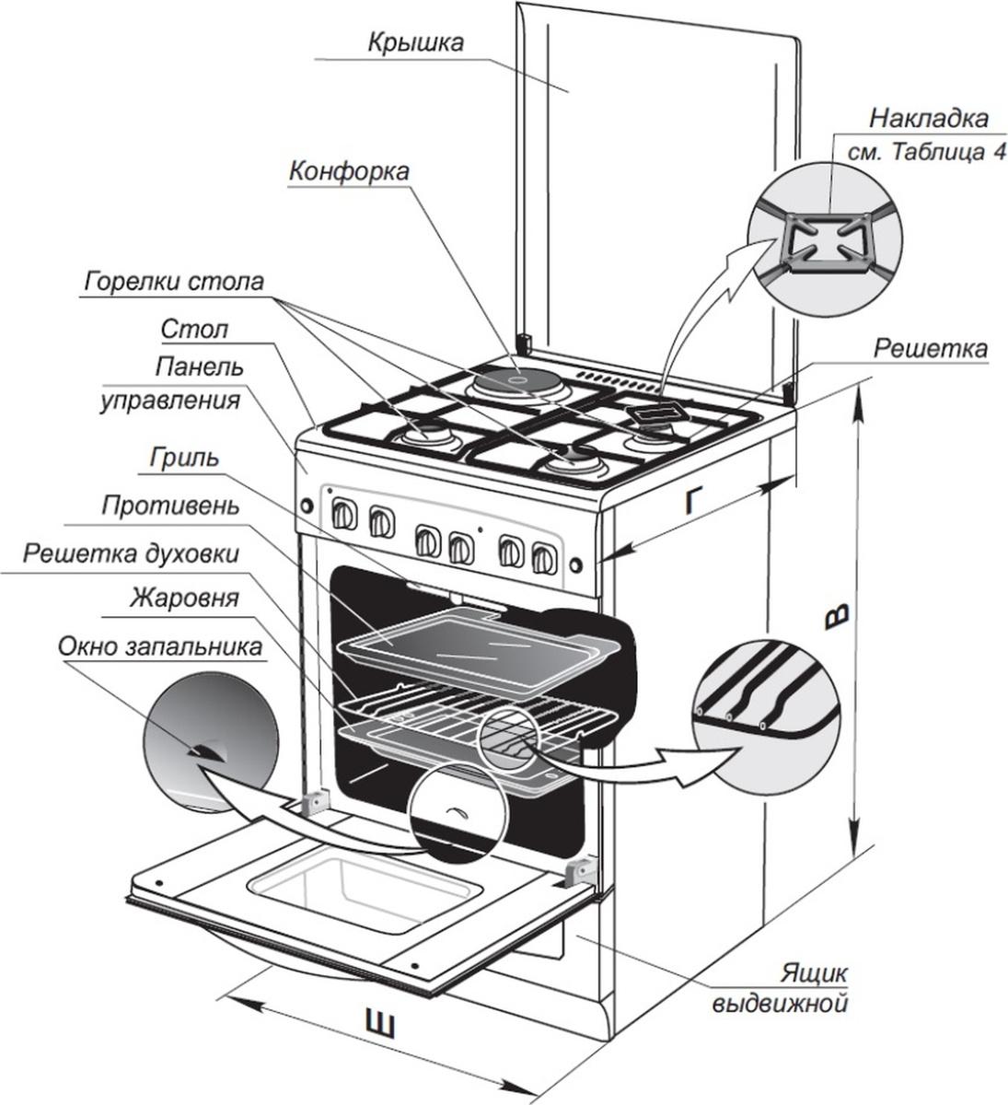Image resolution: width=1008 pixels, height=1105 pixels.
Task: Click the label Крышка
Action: [415, 41]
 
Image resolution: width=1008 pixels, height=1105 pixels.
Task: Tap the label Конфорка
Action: [349, 172]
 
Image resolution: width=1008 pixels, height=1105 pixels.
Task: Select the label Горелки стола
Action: [176, 281]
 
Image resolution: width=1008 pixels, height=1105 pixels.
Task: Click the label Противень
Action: [171, 505]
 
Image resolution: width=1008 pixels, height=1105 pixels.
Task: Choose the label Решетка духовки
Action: [132, 553]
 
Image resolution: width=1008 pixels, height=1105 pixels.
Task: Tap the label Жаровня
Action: [185, 599]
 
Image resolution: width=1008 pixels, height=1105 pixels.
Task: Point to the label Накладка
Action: [929, 119]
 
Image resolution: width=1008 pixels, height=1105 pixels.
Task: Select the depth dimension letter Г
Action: [701, 502]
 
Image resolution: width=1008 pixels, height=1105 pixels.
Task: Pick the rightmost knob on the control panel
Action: [543, 555]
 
